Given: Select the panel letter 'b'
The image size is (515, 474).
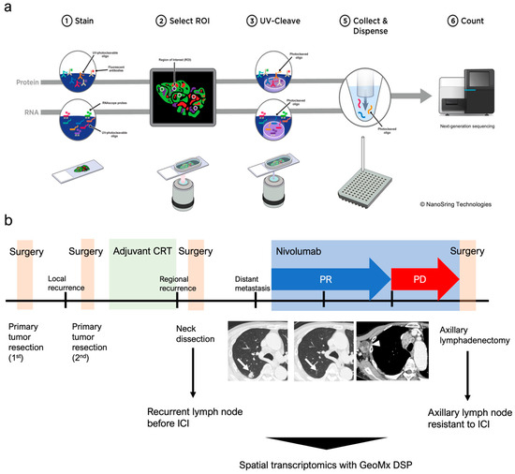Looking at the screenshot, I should tap(7, 224).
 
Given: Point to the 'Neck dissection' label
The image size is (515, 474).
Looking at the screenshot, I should tap(191, 335).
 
